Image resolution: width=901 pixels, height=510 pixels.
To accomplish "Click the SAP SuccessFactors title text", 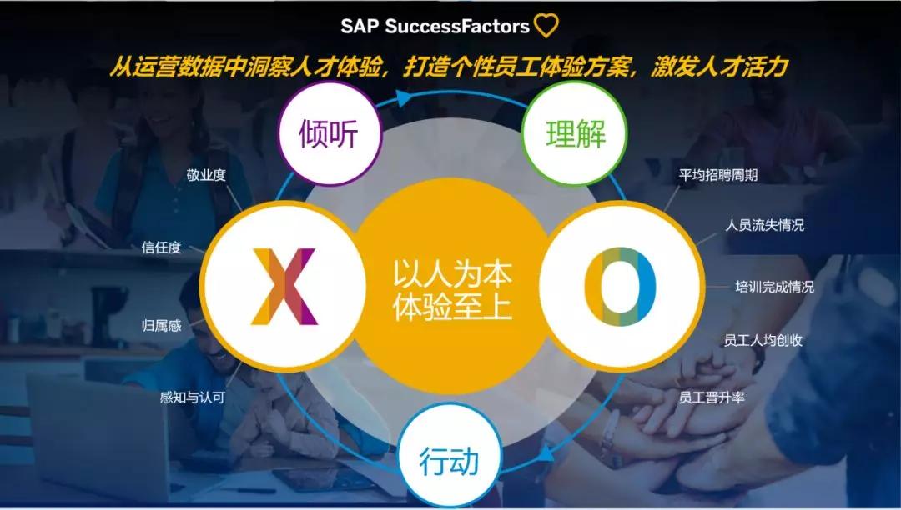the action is click(435, 27).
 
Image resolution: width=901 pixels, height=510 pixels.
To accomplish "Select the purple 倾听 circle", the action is click(330, 133).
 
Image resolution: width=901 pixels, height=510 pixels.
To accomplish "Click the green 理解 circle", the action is click(575, 133).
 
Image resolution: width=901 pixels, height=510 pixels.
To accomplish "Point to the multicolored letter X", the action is click(284, 287).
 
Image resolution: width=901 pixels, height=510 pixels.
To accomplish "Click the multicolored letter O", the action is click(621, 287).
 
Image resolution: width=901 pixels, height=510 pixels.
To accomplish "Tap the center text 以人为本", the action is click(452, 275).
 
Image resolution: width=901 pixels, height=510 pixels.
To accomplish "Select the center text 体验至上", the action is click(452, 307).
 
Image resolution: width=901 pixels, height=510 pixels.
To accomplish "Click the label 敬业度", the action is click(206, 176).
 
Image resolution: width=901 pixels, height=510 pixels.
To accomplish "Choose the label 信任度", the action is click(161, 247).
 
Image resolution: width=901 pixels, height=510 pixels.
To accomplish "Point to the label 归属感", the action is click(162, 326).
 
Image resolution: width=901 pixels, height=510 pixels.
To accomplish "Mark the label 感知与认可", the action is click(192, 397).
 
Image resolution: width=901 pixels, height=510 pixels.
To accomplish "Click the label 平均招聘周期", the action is click(718, 175).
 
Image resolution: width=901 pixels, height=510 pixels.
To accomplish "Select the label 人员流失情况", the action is click(764, 225).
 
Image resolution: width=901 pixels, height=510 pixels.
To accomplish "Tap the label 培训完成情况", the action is click(774, 287).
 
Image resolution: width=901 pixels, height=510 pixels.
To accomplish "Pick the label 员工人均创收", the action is click(763, 340).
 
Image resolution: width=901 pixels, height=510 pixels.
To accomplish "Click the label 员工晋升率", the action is click(712, 397).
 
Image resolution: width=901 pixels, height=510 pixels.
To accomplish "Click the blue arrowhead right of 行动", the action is click(546, 453).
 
